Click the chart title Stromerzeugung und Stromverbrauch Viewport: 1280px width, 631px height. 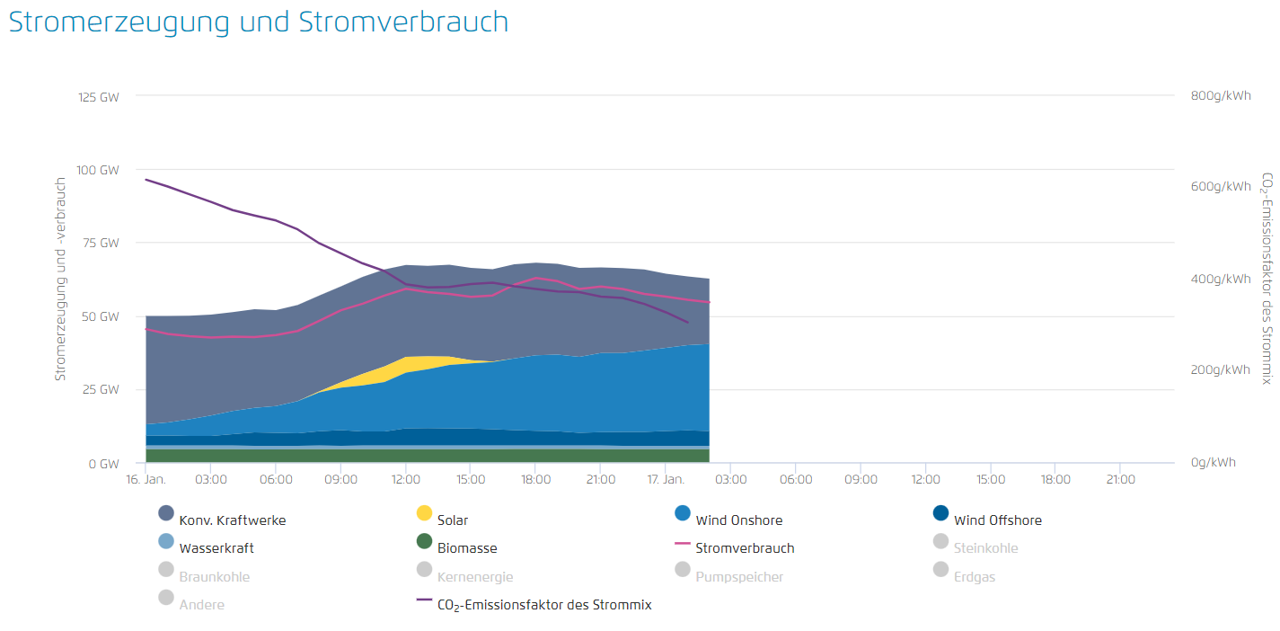tap(259, 22)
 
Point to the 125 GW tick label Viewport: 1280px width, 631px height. tap(100, 96)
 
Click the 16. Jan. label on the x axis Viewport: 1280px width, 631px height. tap(146, 480)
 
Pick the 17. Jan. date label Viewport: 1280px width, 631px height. tap(666, 480)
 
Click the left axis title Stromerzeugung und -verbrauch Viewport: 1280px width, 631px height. tap(61, 278)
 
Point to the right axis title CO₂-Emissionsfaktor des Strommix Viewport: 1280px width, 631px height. tap(1267, 279)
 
